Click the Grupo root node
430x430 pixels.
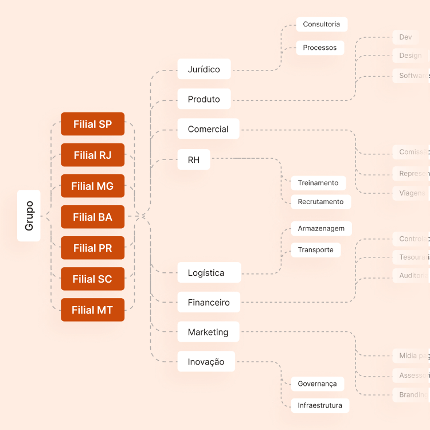click(29, 216)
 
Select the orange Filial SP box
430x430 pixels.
click(92, 124)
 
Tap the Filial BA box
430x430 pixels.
click(92, 217)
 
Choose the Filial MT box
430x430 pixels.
click(92, 310)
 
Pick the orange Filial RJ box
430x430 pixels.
click(92, 155)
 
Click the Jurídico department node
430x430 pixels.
click(204, 69)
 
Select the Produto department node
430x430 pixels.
click(204, 99)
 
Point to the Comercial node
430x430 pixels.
click(208, 129)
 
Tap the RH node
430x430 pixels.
click(194, 159)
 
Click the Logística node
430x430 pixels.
click(206, 272)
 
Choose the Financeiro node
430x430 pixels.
click(208, 302)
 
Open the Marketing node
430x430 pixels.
click(208, 332)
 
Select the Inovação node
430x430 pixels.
click(206, 362)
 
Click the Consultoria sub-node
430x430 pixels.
click(321, 24)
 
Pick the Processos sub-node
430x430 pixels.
click(319, 48)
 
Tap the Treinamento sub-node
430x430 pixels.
click(318, 183)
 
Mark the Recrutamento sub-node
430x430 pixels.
click(320, 202)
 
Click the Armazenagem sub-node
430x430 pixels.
click(321, 228)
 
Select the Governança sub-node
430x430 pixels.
click(317, 384)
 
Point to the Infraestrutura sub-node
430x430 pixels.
click(319, 405)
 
